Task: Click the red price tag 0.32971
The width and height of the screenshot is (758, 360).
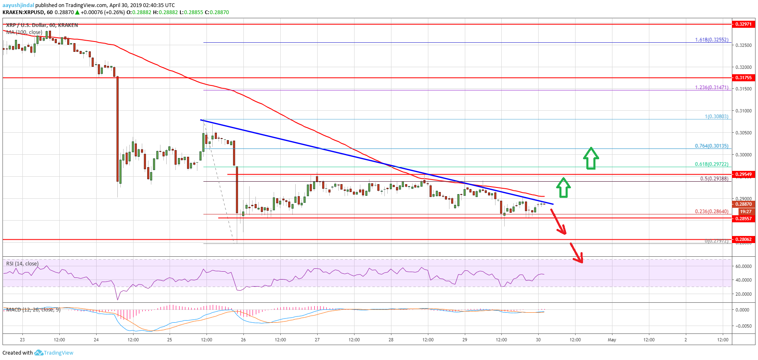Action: point(743,24)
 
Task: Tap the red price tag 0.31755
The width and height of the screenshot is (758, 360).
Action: point(743,78)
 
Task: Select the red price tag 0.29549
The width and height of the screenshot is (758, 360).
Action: point(743,174)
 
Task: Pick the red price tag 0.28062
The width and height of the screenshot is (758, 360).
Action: point(743,239)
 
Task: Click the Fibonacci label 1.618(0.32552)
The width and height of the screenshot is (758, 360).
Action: point(711,40)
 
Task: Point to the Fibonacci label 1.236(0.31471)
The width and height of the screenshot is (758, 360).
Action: point(711,88)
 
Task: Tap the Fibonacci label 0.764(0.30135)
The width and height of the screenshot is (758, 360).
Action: point(711,146)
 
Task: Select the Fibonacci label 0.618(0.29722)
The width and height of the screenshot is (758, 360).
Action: point(711,164)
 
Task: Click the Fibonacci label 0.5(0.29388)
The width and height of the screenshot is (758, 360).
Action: point(714,179)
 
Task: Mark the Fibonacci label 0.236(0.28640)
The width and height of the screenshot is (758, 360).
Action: point(711,212)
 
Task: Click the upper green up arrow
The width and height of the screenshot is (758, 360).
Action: point(591,158)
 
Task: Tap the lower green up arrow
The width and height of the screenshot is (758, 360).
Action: point(563,187)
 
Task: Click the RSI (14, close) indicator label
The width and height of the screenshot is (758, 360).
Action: point(22,264)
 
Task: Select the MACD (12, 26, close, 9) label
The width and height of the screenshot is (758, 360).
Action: point(33,310)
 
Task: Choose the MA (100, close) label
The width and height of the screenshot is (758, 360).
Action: point(24,32)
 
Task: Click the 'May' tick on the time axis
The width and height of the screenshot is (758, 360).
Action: point(612,340)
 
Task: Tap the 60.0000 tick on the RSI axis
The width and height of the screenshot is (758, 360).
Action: point(743,266)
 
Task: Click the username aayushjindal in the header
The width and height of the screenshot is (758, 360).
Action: point(18,5)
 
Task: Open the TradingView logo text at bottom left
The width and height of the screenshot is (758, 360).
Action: point(58,353)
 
